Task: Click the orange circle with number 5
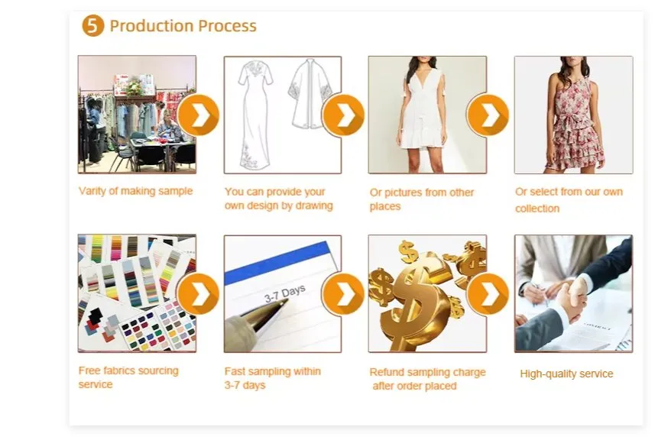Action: coord(92,26)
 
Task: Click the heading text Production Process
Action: coord(183,26)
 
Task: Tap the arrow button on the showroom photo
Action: coord(198,115)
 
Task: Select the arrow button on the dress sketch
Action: coord(343,115)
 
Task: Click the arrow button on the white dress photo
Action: coord(488,115)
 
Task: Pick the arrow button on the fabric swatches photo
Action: coord(198,294)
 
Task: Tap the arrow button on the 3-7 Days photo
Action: coord(343,294)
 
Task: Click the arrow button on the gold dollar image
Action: coord(488,294)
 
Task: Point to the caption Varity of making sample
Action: coord(135,191)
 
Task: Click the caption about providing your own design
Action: coord(278,199)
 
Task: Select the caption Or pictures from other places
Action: coord(422,199)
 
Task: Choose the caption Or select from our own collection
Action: coord(568,200)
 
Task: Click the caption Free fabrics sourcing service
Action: coord(128,377)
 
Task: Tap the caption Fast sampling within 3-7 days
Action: coord(272,378)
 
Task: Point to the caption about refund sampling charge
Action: coord(427,379)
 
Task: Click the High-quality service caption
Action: coord(566,374)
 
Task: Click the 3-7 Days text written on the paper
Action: coord(284,293)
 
